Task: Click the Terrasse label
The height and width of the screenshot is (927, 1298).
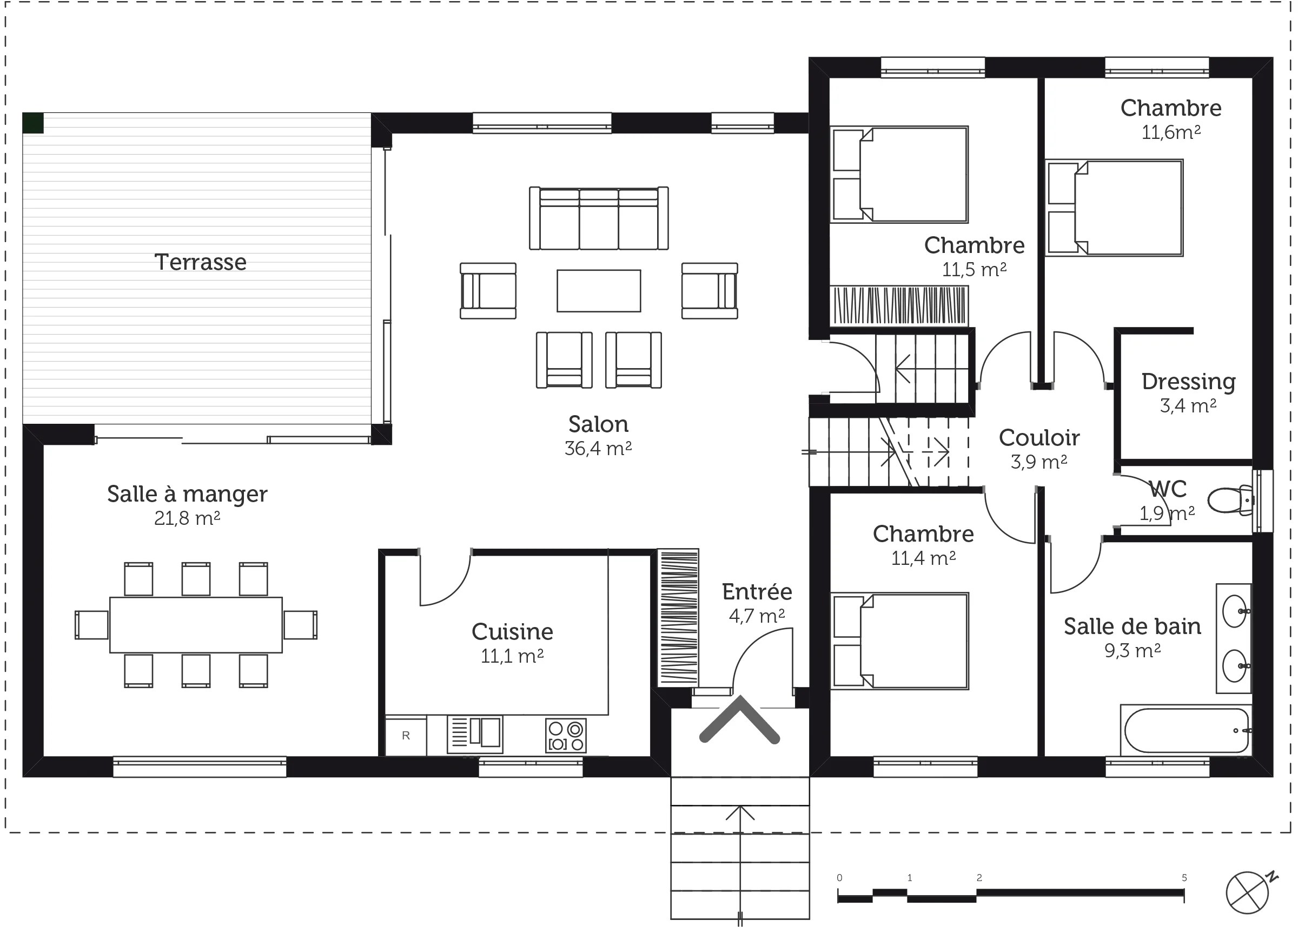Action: pyautogui.click(x=201, y=262)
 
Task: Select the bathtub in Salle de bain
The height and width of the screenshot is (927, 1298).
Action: pyautogui.click(x=1186, y=730)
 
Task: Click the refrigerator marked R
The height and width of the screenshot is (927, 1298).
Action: pyautogui.click(x=406, y=736)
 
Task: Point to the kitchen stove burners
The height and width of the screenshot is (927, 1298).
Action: pyautogui.click(x=565, y=736)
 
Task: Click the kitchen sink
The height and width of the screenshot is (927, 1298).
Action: pyautogui.click(x=475, y=733)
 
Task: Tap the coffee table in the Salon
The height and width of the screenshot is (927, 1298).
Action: pyautogui.click(x=599, y=291)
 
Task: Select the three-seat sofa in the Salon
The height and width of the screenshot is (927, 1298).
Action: pyautogui.click(x=599, y=218)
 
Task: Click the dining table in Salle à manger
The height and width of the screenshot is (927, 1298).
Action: pyautogui.click(x=196, y=624)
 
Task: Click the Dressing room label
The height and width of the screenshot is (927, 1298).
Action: pyautogui.click(x=1188, y=381)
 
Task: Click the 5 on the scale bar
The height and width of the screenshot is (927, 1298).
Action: pyautogui.click(x=1184, y=878)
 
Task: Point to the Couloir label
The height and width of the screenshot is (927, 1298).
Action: pyautogui.click(x=1039, y=438)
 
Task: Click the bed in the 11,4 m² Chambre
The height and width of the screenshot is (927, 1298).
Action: pyautogui.click(x=900, y=641)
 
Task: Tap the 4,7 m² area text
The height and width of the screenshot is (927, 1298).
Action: pyautogui.click(x=757, y=616)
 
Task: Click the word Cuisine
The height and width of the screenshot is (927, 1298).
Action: pyautogui.click(x=512, y=631)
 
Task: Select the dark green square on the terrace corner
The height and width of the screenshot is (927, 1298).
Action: pyautogui.click(x=33, y=123)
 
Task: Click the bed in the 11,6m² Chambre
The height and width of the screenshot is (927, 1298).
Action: pyautogui.click(x=1114, y=208)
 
